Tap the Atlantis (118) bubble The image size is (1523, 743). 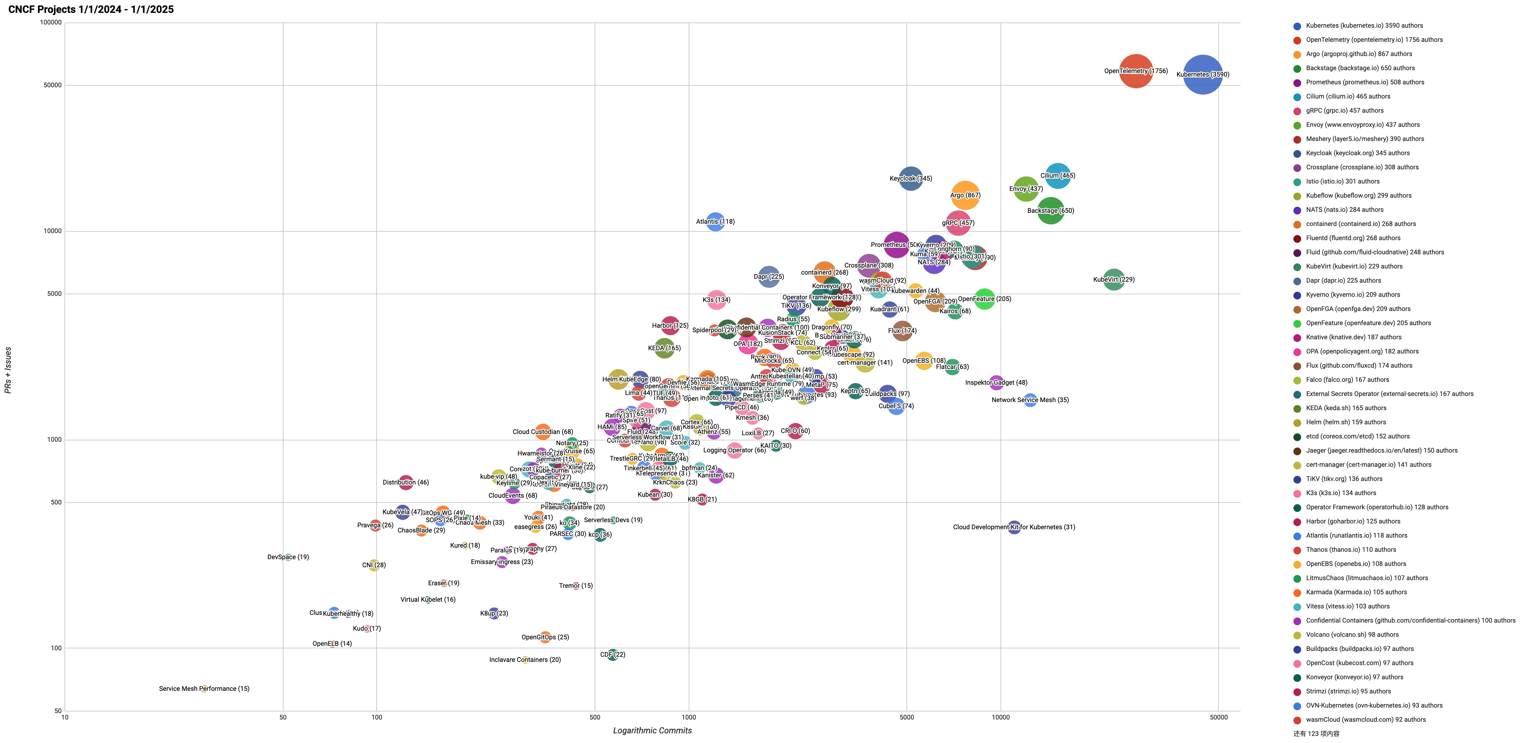(715, 222)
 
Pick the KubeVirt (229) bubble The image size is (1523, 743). (1113, 279)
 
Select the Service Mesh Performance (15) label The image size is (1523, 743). (204, 689)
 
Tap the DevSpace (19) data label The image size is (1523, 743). (288, 557)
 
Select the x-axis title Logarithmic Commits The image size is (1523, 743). (652, 730)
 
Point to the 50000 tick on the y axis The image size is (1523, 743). (53, 85)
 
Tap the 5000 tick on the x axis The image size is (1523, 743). (906, 718)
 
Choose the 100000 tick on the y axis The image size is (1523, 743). (50, 23)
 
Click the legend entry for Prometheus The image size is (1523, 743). (1365, 82)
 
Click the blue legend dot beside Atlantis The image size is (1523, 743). (1297, 536)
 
